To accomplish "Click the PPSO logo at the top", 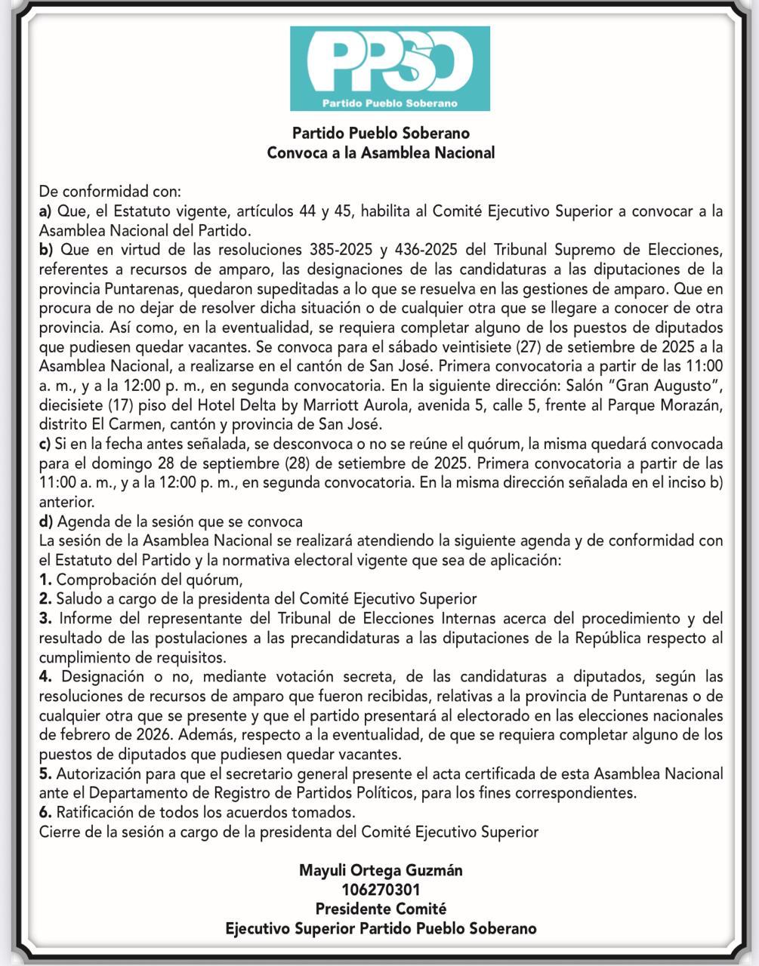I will tap(390, 68).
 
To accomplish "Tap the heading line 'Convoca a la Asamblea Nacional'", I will tap(381, 152).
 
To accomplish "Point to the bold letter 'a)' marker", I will tap(45, 211).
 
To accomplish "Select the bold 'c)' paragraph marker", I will tap(45, 443).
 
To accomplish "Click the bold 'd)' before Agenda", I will tap(46, 521).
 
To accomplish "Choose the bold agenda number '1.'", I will tap(45, 580).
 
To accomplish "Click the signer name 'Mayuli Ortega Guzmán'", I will tap(381, 870).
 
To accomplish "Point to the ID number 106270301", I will tap(381, 890).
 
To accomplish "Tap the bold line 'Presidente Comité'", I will tap(381, 909).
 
